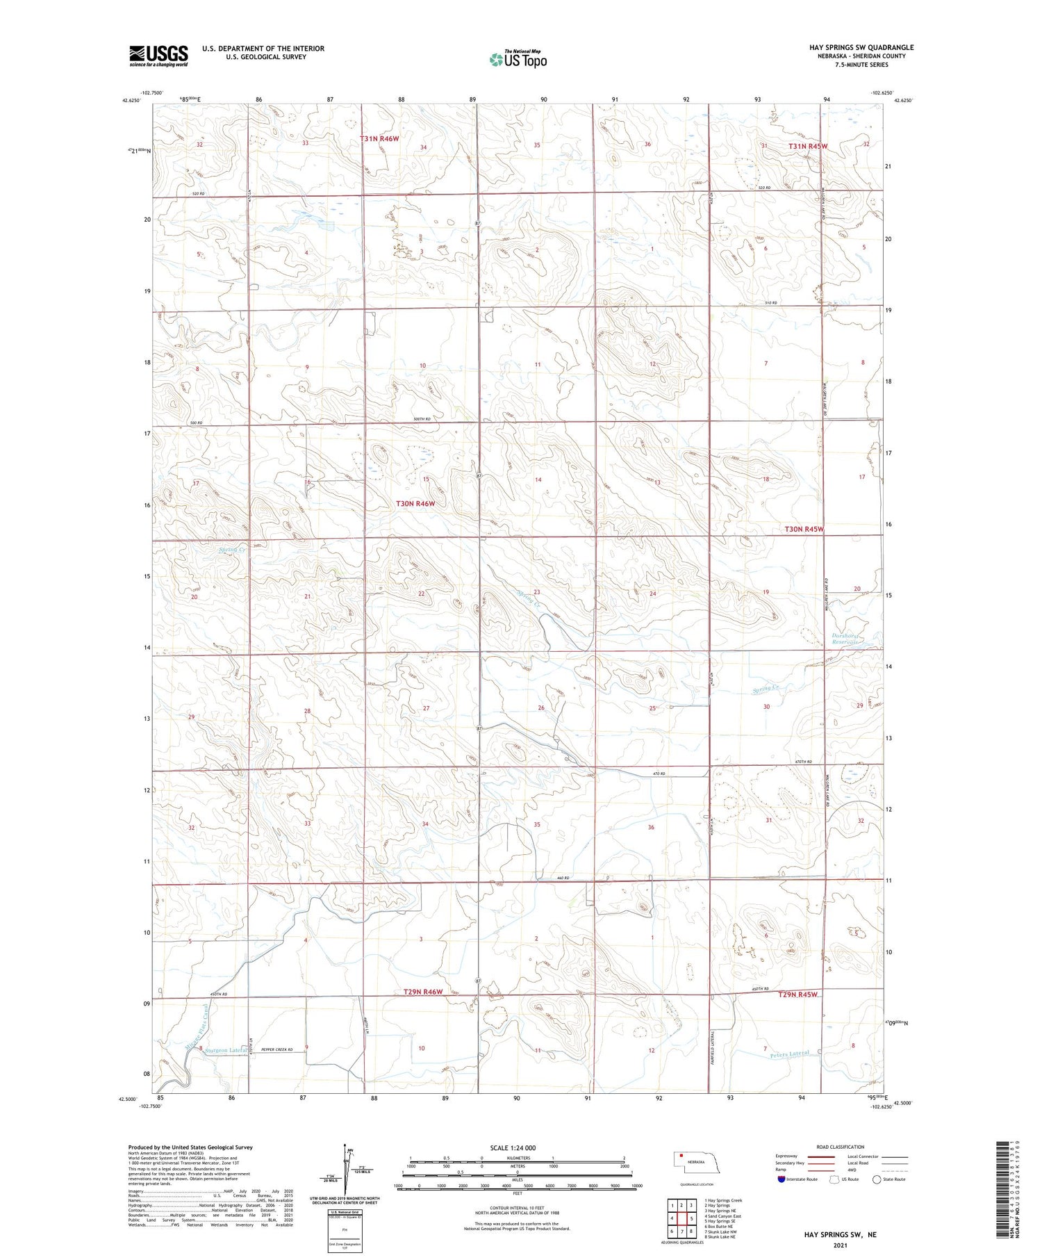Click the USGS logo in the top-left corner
[158, 56]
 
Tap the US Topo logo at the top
[518, 59]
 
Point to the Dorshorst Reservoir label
[846, 638]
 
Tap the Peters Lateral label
[790, 1054]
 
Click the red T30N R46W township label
[415, 503]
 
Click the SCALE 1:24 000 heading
[518, 1147]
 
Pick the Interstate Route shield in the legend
[781, 1179]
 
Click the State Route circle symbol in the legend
[877, 1179]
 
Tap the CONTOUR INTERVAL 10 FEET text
[516, 1208]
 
